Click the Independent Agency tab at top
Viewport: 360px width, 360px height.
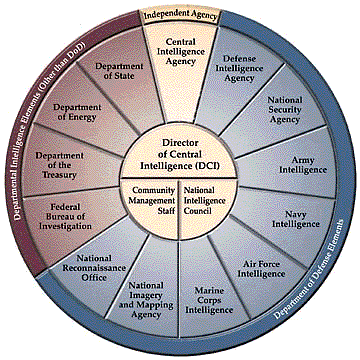pyautogui.click(x=181, y=15)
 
